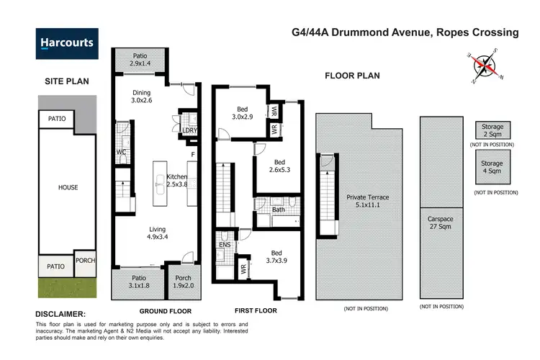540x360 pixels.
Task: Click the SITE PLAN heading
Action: (66, 81)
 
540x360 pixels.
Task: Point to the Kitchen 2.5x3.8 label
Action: (177, 181)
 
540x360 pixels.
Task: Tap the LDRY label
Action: (190, 130)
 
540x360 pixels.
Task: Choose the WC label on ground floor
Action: (122, 152)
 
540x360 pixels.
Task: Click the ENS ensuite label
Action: (224, 245)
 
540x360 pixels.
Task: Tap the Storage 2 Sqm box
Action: (494, 130)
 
